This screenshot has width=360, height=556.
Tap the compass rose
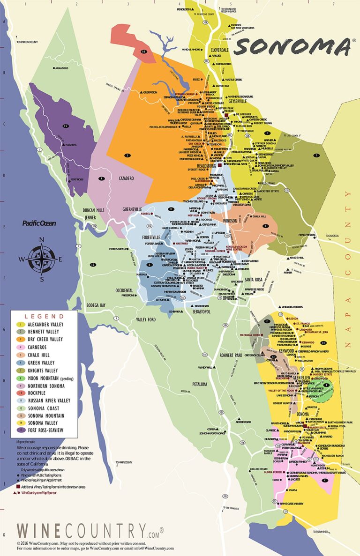coord(42,259)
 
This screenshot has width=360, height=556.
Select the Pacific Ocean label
coord(39,223)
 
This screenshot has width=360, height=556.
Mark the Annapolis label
coord(61,68)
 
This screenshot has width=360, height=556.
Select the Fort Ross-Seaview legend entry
coord(46,430)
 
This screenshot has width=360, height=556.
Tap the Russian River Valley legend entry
coord(48,400)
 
